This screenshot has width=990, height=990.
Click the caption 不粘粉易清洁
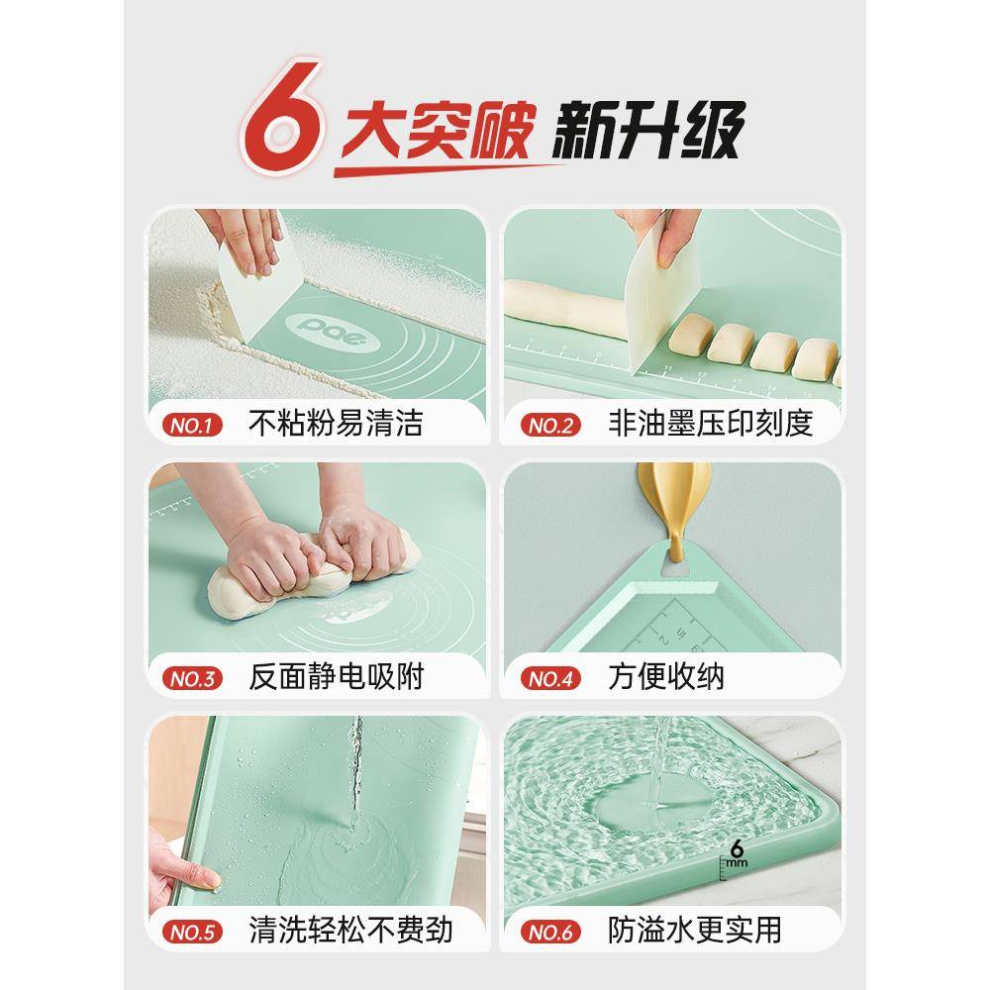click(336, 425)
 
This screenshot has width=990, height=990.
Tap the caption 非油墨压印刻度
click(710, 425)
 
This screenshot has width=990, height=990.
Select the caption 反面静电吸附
click(336, 678)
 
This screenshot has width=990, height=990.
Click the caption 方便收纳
click(665, 678)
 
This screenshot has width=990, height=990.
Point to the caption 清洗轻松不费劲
click(350, 931)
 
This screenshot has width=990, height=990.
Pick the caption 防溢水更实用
click(695, 931)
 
